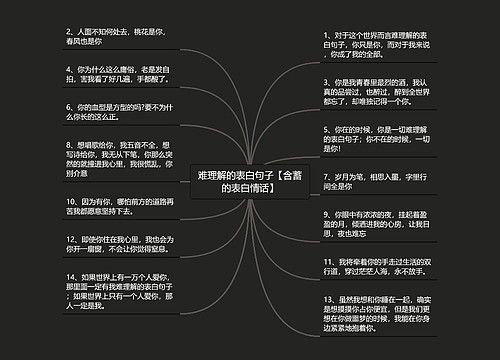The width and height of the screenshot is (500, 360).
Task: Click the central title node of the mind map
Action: coord(249,181)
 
